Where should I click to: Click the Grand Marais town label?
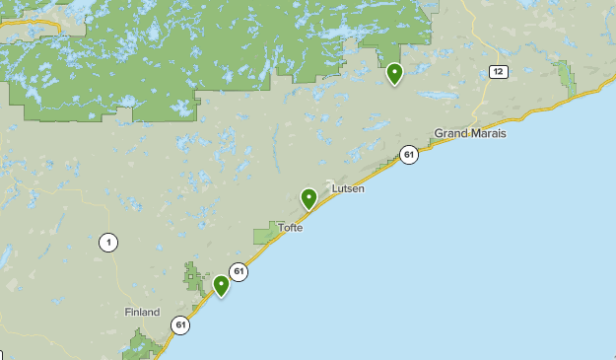pyautogui.click(x=469, y=133)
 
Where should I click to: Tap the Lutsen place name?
pyautogui.click(x=348, y=188)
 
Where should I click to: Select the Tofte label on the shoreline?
pyautogui.click(x=290, y=228)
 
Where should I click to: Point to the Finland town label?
pyautogui.click(x=142, y=312)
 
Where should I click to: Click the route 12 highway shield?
pyautogui.click(x=498, y=71)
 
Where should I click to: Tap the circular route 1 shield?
pyautogui.click(x=107, y=242)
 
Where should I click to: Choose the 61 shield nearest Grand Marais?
pyautogui.click(x=409, y=154)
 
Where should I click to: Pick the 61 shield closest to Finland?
pyautogui.click(x=179, y=324)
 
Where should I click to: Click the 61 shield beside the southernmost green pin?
pyautogui.click(x=238, y=271)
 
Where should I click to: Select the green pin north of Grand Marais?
pyautogui.click(x=394, y=73)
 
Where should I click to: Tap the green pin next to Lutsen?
pyautogui.click(x=309, y=198)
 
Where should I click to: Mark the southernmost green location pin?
pyautogui.click(x=222, y=285)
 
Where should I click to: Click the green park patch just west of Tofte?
pyautogui.click(x=266, y=234)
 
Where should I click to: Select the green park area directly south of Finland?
pyautogui.click(x=143, y=344)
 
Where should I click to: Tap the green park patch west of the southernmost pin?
pyautogui.click(x=193, y=276)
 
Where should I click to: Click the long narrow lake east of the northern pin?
pyautogui.click(x=434, y=96)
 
